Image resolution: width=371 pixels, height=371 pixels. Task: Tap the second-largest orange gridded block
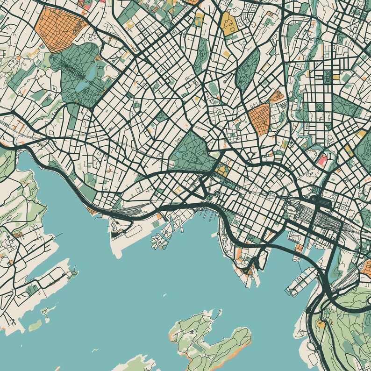pyautogui.click(x=259, y=119)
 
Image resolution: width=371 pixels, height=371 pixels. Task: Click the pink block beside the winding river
pyautogui.click(x=322, y=160)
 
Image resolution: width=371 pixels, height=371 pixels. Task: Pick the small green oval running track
pyautogui.click(x=214, y=87)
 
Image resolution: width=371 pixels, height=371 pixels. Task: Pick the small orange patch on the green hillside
pyautogui.click(x=321, y=323)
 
